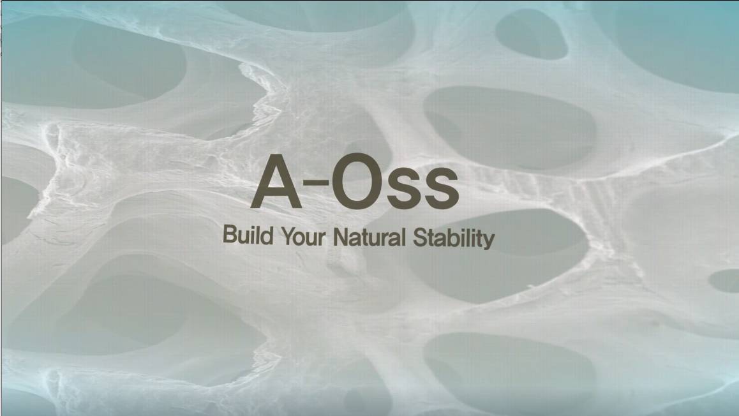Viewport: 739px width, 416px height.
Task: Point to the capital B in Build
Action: click(229, 235)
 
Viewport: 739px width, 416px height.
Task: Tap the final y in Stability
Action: click(489, 241)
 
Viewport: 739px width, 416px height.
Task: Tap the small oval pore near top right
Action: click(532, 34)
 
